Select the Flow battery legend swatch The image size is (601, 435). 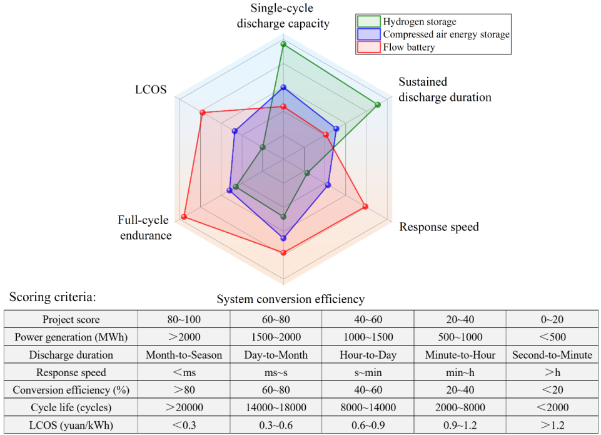click(x=368, y=47)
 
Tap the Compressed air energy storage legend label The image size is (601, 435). click(x=446, y=34)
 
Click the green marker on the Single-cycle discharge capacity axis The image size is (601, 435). click(x=284, y=44)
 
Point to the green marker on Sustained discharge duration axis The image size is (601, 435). click(x=378, y=105)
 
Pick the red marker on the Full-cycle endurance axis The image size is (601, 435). click(x=184, y=217)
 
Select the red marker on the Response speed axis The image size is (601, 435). click(x=365, y=207)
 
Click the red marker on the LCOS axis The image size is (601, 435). click(x=203, y=113)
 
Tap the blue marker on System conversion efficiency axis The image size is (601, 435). click(x=284, y=238)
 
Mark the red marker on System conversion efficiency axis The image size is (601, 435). click(x=284, y=252)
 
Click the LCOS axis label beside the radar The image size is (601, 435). click(x=151, y=90)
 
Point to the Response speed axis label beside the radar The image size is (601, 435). click(x=439, y=227)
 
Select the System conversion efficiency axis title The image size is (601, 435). click(x=291, y=299)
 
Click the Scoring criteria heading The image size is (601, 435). click(x=53, y=297)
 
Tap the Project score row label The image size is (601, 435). click(x=71, y=319)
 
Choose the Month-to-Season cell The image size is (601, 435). click(x=184, y=355)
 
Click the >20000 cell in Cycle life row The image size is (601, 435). click(x=184, y=407)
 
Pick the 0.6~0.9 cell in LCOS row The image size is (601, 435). click(x=368, y=425)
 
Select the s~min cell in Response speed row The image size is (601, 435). click(x=368, y=372)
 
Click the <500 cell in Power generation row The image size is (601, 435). click(x=552, y=337)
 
